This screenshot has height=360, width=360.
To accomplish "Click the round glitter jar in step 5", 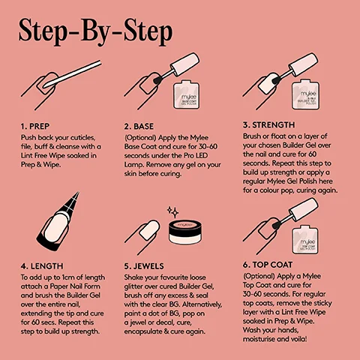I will [x=186, y=238].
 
